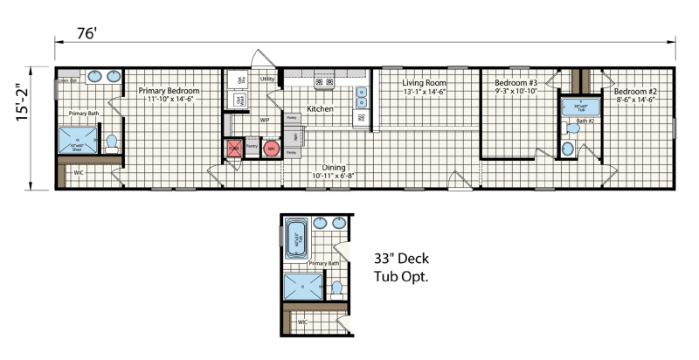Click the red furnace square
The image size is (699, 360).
click(x=234, y=149)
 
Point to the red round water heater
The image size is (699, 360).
click(x=271, y=149)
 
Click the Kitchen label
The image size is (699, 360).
click(x=319, y=109)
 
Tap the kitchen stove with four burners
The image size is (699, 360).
click(x=324, y=83)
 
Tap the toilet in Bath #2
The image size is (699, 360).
click(x=573, y=128)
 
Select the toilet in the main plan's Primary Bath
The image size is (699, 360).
click(x=111, y=142)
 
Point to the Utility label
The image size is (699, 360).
click(x=267, y=79)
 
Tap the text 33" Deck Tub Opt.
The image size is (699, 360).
click(x=404, y=267)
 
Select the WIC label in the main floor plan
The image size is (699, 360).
click(x=79, y=173)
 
